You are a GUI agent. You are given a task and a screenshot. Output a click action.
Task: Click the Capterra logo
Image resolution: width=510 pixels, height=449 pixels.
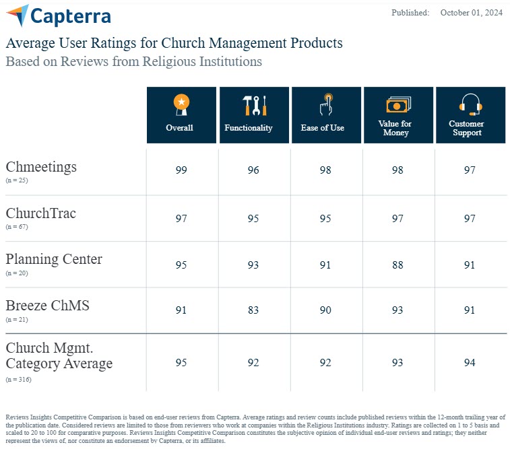[x=58, y=15]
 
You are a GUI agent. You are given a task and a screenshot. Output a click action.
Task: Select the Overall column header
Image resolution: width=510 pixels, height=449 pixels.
[x=180, y=127]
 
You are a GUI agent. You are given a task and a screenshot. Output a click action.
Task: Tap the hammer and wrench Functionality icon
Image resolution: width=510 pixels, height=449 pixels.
[x=254, y=105]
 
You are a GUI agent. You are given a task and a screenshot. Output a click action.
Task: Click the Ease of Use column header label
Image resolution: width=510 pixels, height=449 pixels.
[x=323, y=127]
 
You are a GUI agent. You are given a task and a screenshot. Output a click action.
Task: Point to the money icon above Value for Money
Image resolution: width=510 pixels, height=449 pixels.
[x=398, y=105]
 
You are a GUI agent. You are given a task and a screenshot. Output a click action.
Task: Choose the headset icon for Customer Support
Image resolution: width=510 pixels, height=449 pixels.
[x=470, y=105]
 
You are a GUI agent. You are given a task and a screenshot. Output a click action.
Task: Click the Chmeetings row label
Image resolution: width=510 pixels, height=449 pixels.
[x=41, y=166]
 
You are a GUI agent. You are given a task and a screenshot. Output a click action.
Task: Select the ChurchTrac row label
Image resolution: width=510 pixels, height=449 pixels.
[x=41, y=213]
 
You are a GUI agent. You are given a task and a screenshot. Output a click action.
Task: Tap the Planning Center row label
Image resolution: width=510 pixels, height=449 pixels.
[x=54, y=259]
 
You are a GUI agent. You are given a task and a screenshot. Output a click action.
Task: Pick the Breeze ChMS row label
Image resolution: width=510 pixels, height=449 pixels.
[x=47, y=306]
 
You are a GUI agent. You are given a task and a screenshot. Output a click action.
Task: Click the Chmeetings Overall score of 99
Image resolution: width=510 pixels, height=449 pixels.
[x=181, y=170]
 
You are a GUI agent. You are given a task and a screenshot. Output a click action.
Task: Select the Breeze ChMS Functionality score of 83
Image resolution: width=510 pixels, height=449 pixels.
[x=253, y=310]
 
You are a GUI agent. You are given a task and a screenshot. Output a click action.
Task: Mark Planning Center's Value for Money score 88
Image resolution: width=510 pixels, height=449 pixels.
[x=398, y=265]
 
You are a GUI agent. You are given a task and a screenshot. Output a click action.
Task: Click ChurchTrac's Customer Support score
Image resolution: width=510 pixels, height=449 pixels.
[x=470, y=218]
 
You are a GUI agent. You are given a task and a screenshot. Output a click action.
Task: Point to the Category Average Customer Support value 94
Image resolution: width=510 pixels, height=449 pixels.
[x=470, y=363]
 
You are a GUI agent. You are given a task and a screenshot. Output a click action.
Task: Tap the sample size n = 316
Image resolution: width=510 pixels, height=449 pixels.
[x=18, y=380]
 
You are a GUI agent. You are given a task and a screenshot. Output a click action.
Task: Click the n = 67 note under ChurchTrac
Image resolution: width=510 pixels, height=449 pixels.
[x=17, y=227]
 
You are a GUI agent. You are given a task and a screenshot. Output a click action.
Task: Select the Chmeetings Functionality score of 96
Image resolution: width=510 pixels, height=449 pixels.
[x=253, y=170]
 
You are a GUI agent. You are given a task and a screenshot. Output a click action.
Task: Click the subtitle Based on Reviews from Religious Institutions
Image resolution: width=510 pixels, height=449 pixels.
[x=133, y=61]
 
